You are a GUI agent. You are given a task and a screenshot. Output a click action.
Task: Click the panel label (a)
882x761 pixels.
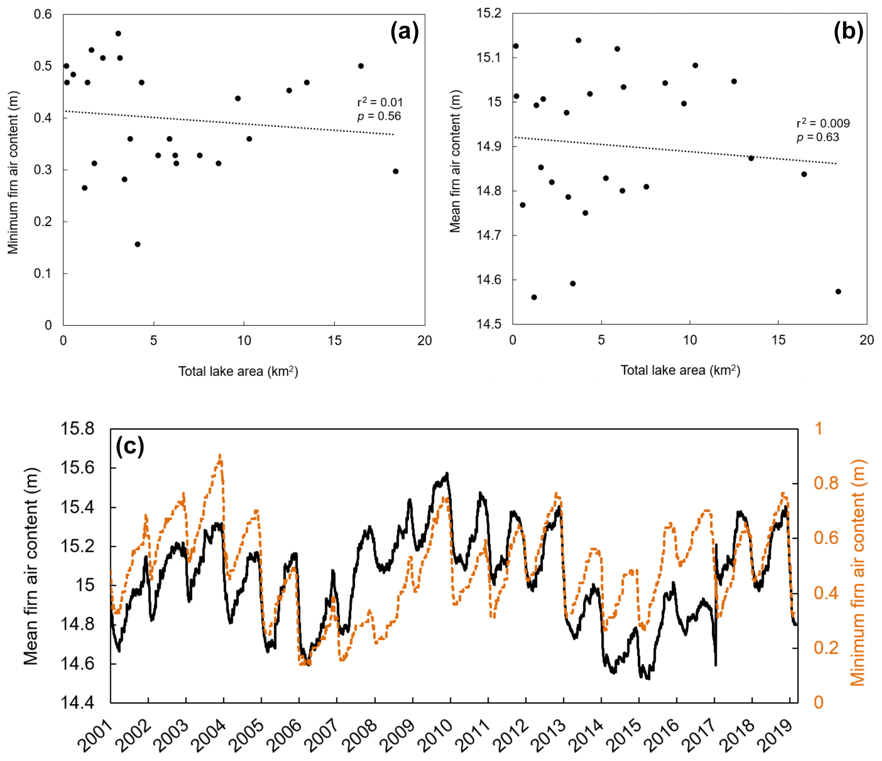[x=404, y=32]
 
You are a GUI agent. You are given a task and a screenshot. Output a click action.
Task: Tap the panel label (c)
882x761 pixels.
[x=130, y=446]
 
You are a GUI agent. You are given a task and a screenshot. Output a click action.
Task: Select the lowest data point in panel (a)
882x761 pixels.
[x=137, y=244]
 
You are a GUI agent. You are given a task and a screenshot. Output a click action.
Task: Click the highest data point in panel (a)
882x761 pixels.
[x=118, y=34]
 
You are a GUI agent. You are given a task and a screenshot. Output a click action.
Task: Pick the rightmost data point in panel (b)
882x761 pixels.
[x=838, y=292]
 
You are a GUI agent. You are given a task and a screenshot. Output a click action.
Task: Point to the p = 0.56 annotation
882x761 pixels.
[x=379, y=116]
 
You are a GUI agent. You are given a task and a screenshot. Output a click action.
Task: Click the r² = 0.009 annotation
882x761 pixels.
[x=823, y=123]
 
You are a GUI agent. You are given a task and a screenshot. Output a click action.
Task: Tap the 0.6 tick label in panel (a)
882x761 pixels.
[x=43, y=15]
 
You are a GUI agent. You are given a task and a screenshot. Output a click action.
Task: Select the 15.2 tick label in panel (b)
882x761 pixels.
[x=489, y=14]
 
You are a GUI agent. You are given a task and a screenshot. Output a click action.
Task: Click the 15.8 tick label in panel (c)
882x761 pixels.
[x=77, y=429]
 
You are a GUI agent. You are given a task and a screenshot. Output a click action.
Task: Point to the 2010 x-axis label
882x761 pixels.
[x=434, y=735]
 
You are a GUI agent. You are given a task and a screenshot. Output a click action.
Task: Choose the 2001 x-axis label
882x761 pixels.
[x=95, y=735]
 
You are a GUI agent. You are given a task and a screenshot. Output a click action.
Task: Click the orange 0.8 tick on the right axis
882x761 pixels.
[x=826, y=483]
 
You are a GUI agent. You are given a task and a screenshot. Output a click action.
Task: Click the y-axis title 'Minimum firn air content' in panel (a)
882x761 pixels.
[x=13, y=172]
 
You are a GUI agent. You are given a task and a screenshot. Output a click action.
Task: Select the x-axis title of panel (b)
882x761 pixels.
[x=680, y=370]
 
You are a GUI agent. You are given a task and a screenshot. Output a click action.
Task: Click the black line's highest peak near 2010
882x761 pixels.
[x=447, y=473]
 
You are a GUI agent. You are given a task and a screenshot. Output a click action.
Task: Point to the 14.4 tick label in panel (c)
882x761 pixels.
[x=77, y=703]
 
